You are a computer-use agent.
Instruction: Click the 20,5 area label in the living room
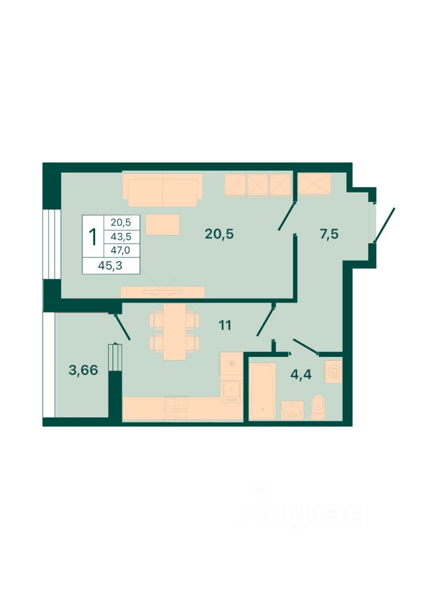[219, 233]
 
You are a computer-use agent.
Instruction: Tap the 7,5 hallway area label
[329, 233]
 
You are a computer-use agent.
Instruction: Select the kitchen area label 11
[225, 325]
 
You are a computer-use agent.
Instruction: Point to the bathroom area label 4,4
[301, 374]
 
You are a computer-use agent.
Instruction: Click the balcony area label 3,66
[83, 370]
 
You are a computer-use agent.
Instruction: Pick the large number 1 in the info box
[93, 237]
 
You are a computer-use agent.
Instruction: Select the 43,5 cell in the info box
[121, 237]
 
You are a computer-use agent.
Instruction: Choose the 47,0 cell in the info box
[121, 250]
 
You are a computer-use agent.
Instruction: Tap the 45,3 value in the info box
[110, 265]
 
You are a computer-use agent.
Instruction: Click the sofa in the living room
[163, 189]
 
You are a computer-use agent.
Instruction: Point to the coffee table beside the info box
[163, 224]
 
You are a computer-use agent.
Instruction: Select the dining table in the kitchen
[174, 332]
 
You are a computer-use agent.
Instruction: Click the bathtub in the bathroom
[262, 391]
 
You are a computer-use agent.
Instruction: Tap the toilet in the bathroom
[318, 407]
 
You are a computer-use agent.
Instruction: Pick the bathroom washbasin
[293, 410]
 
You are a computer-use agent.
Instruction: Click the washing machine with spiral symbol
[333, 371]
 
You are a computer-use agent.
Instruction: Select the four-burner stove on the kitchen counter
[176, 407]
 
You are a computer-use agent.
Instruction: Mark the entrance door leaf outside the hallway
[384, 226]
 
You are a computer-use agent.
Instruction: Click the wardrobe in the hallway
[315, 184]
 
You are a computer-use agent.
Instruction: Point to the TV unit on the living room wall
[163, 292]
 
